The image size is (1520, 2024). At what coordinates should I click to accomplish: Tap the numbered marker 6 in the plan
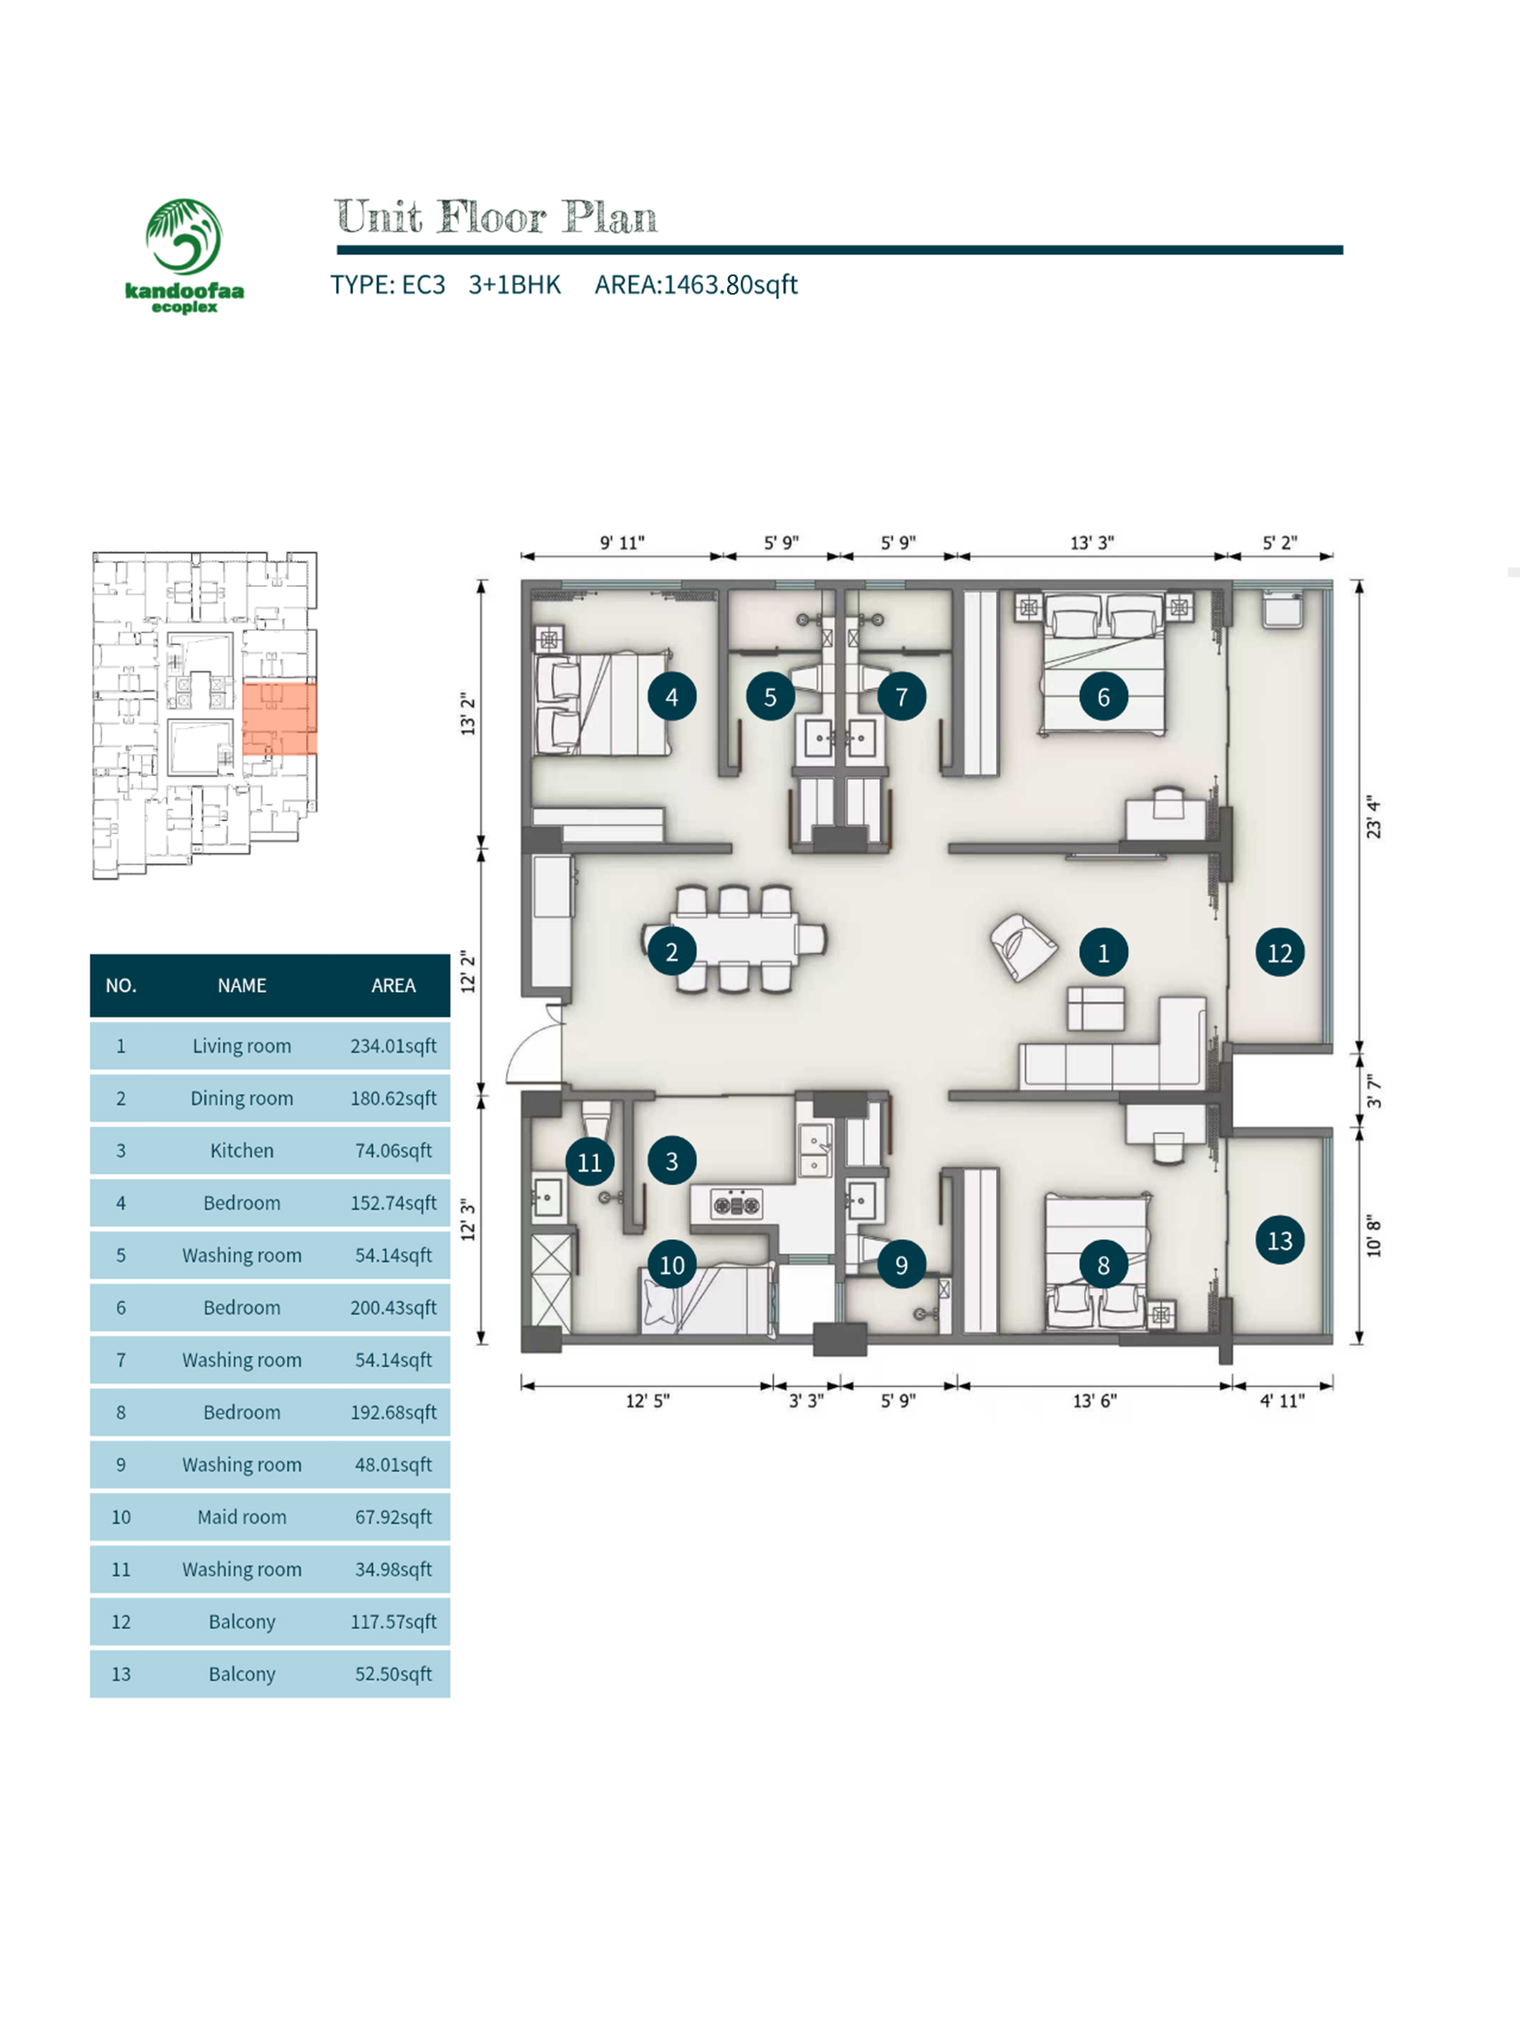[x=1103, y=697]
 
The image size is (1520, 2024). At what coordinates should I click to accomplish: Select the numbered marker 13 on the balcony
[x=1278, y=1240]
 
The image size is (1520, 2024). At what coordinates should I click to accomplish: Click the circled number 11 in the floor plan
[x=589, y=1162]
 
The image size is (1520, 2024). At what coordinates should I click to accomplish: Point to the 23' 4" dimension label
[x=1373, y=817]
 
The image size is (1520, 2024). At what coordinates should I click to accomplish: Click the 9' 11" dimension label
[x=622, y=543]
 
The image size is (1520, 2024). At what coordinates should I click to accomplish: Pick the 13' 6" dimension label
[x=1094, y=1401]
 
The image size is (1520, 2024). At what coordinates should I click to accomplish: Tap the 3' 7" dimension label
[x=1374, y=1091]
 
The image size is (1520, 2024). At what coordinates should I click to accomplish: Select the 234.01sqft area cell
[x=394, y=1046]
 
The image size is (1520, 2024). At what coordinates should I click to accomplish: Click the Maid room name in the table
[x=242, y=1517]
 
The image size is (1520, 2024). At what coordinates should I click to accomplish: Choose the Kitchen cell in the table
[x=242, y=1150]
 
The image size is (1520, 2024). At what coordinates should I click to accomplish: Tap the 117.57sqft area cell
[x=394, y=1621]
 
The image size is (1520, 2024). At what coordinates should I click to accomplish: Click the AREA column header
[x=394, y=985]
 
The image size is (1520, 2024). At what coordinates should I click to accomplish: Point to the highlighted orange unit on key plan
[x=280, y=719]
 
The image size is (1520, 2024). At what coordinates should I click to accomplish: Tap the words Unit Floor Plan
[x=495, y=217]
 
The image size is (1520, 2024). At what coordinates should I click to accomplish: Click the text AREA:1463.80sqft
[x=697, y=285]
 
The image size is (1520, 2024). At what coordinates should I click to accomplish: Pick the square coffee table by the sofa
[x=1095, y=1008]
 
